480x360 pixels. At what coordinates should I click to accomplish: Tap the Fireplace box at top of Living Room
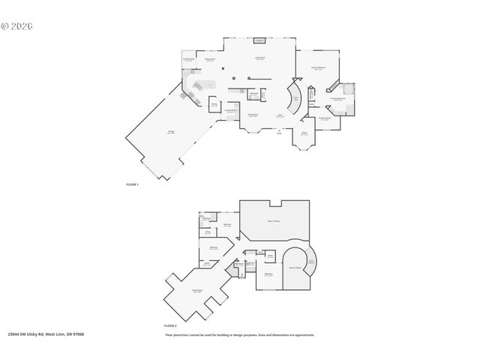[x=259, y=41]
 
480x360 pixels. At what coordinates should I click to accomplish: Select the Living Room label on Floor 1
[x=259, y=58]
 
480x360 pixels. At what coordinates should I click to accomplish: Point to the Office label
[x=305, y=134]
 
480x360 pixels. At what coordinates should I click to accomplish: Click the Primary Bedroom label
[x=318, y=68]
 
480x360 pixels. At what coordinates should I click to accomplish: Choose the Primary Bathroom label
[x=337, y=98]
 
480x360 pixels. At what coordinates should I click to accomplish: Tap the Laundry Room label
[x=232, y=111]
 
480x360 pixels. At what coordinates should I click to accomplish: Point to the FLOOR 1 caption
[x=133, y=184]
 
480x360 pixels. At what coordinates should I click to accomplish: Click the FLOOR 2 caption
[x=170, y=325]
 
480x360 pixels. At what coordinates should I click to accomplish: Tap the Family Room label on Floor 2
[x=197, y=291]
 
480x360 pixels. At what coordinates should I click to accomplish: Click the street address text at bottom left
[x=46, y=334]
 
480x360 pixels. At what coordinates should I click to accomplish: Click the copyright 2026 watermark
[x=18, y=25]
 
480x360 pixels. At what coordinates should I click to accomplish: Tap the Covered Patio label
[x=190, y=60]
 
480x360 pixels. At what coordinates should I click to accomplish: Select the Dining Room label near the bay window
[x=253, y=115]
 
